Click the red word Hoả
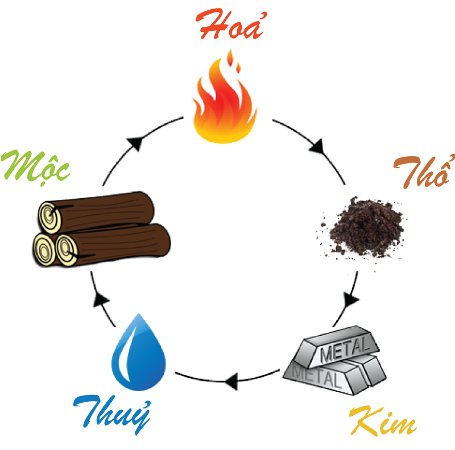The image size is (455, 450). (231, 24)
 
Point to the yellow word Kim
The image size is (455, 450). (383, 421)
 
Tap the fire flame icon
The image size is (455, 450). (225, 97)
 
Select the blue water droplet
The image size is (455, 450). (139, 352)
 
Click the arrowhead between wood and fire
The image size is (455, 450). (136, 143)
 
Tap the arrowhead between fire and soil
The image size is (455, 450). (317, 147)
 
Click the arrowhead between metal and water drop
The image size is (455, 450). (231, 381)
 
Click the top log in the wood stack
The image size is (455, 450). (96, 213)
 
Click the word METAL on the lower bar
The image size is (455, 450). (317, 376)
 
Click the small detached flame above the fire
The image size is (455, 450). (230, 58)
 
